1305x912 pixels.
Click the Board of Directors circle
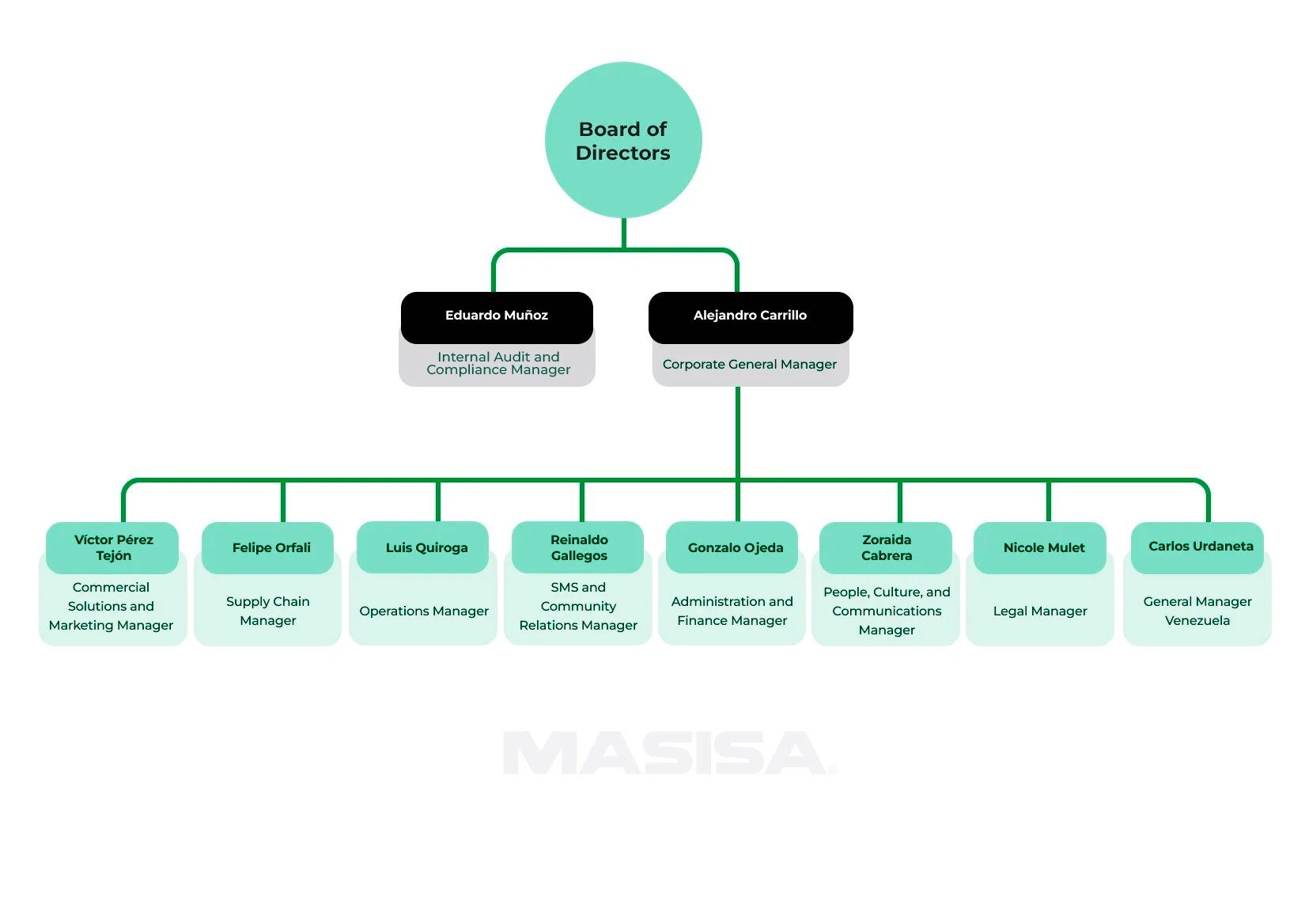coord(623,140)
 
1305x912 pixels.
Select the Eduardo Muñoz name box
coord(497,316)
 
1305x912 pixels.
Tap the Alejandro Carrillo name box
coord(750,316)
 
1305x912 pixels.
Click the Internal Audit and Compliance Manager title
coord(498,364)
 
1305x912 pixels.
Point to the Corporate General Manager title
coord(750,365)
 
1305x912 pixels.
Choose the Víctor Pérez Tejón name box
coord(113,547)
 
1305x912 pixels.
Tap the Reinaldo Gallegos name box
coord(579,547)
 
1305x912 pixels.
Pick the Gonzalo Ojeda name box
coord(734,547)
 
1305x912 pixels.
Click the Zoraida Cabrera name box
coord(887,547)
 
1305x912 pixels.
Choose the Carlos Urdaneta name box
coord(1199,547)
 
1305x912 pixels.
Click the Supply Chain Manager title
coord(268,611)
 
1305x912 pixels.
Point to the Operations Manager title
coord(424,611)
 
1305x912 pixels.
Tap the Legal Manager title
coord(1040,611)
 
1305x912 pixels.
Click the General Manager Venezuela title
coord(1197,611)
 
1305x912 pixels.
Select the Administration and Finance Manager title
coord(732,611)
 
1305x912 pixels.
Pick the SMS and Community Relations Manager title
coord(578,607)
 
